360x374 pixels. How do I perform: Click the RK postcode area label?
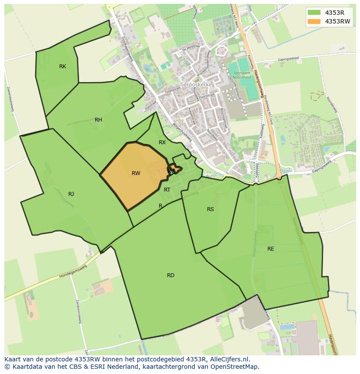pos(63,66)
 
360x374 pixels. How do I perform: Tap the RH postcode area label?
pos(98,120)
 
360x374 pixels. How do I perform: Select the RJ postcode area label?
pos(71,194)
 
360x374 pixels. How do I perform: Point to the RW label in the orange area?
pos(136,173)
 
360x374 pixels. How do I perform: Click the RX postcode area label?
pos(162,142)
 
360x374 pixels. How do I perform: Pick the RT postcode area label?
pos(167,189)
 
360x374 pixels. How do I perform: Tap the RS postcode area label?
pos(210,209)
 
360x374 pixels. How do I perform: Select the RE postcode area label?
pos(271,249)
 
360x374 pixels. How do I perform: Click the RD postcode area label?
pos(170,275)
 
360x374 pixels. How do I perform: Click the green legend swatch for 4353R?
pos(314,12)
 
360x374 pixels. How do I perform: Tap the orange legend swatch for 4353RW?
pos(314,21)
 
